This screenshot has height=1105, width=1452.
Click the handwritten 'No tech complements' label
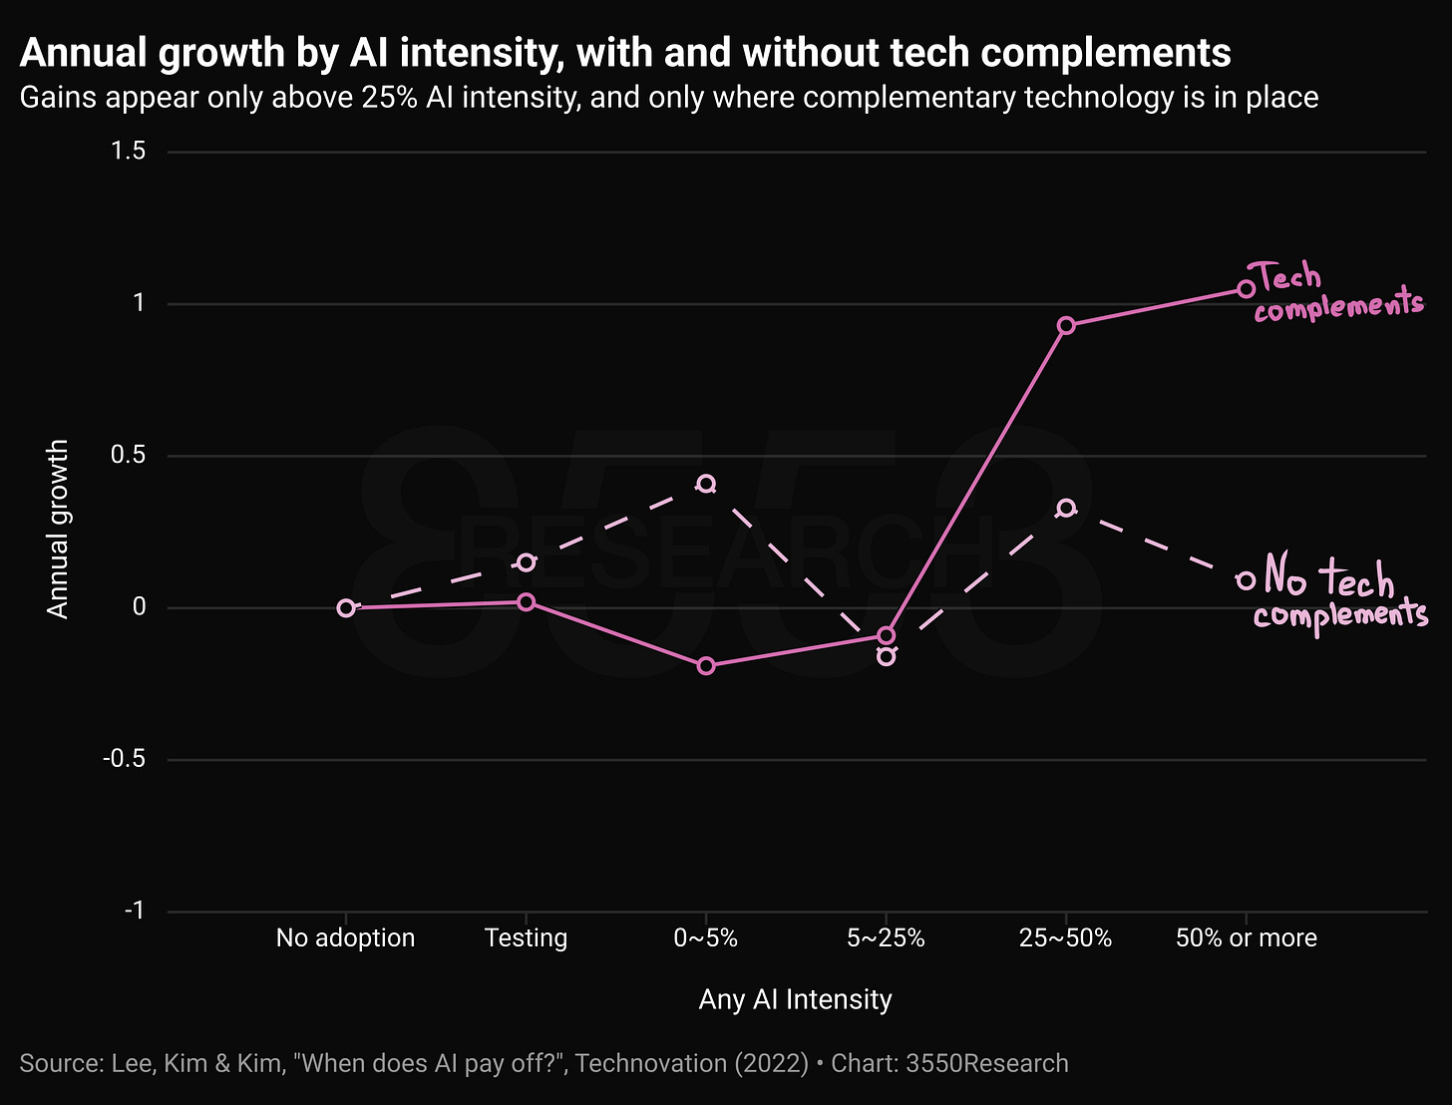coord(1340,593)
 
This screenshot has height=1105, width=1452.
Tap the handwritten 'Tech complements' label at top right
coord(1337,292)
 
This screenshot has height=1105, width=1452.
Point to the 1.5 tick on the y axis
coord(129,152)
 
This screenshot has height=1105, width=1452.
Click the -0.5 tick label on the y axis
coord(125,759)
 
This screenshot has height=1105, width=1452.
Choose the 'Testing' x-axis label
coord(526,937)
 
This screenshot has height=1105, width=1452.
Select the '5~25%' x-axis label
coord(886,937)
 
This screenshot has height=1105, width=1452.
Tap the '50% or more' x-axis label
coord(1247,937)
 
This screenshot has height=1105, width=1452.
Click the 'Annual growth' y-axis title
coord(58,529)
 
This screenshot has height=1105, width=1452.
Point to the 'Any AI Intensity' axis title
coord(795,999)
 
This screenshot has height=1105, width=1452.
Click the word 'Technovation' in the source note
coord(651,1063)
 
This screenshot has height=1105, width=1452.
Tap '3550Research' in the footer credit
coord(987,1063)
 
